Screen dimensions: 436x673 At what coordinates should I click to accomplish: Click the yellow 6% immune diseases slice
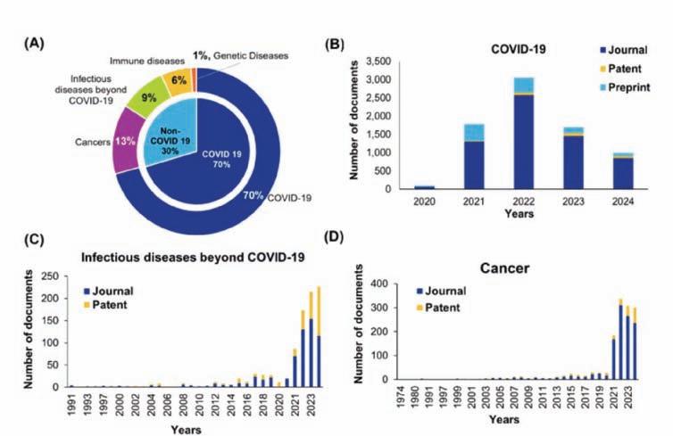point(181,81)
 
